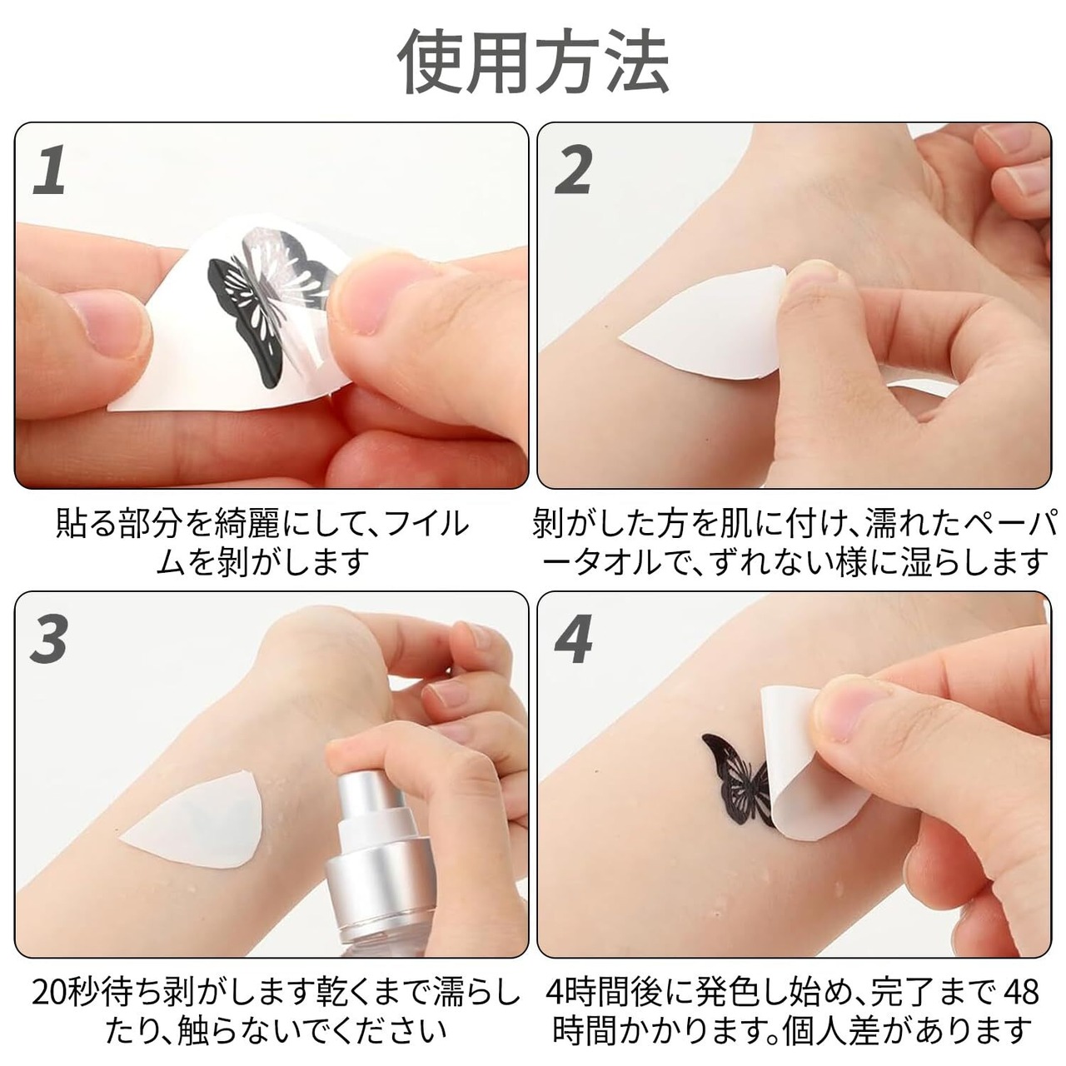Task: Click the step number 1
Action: [52, 170]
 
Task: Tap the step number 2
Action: [574, 170]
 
